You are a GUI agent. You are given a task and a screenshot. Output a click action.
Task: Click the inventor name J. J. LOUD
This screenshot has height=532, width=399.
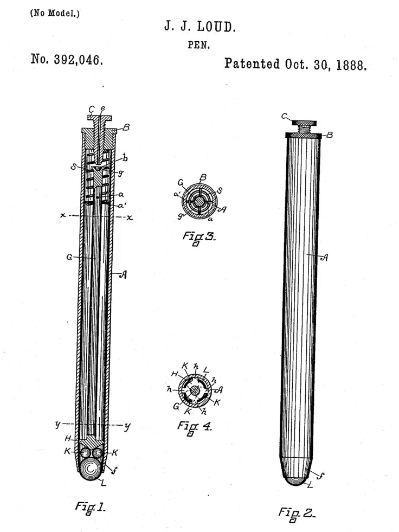coord(200,27)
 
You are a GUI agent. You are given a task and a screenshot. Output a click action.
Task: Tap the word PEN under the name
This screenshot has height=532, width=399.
coord(199,45)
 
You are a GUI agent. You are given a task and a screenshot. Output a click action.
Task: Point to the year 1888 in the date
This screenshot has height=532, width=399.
coord(351,65)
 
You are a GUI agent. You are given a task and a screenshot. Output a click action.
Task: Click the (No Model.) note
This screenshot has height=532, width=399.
coord(55,14)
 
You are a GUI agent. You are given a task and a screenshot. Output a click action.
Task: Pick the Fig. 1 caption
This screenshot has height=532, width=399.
coord(90,508)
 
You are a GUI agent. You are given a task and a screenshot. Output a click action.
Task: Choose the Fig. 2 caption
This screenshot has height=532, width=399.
coord(297,514)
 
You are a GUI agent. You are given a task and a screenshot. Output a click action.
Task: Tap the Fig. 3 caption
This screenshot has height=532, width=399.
coord(199,238)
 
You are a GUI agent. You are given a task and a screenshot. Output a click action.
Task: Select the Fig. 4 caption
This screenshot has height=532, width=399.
coord(195,427)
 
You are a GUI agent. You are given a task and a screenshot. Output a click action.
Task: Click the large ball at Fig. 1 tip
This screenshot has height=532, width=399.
coord(91,469)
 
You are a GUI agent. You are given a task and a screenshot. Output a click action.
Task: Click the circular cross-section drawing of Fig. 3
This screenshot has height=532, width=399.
coord(199,202)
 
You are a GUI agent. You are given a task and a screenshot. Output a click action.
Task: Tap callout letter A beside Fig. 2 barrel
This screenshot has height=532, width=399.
coord(324,258)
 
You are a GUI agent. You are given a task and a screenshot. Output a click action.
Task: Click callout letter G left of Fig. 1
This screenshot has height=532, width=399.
coord(69,257)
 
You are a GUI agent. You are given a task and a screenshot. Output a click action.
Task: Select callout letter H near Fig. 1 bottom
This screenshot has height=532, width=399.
coord(68,439)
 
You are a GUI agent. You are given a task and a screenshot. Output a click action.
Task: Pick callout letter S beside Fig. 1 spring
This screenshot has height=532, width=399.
coord(73,166)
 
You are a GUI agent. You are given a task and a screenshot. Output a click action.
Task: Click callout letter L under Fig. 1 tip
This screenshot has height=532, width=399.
coord(104,483)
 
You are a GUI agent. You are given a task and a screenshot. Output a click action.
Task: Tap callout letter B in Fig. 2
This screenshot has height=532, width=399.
coord(330,135)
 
